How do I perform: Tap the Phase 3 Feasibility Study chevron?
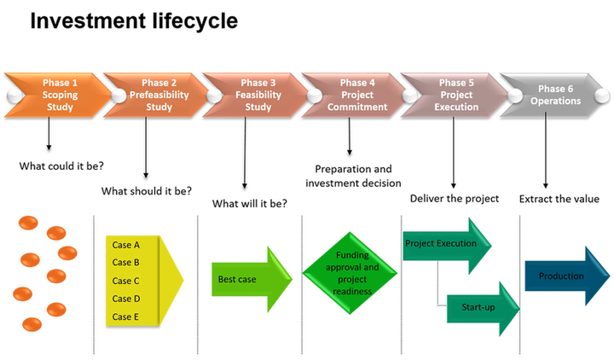254,95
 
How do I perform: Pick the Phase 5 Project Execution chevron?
451,95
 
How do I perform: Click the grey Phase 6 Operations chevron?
554,95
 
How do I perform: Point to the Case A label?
126,245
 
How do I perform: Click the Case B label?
126,263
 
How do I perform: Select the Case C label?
126,281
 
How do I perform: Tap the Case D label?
126,299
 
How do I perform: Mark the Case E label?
126,316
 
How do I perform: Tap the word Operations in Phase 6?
555,101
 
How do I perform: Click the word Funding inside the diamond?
351,255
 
